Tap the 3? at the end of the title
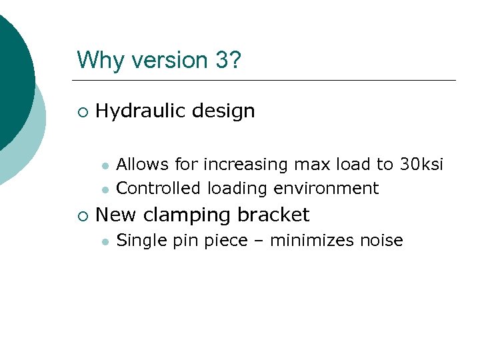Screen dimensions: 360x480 [x=229, y=61]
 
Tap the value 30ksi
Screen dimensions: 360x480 [x=421, y=164]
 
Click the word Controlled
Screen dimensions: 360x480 [x=158, y=189]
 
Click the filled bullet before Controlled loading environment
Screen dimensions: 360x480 [x=104, y=190]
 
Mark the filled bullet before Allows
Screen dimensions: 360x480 [x=104, y=165]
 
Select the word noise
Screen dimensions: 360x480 [x=383, y=240]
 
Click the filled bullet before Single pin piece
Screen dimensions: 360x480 [x=104, y=242]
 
